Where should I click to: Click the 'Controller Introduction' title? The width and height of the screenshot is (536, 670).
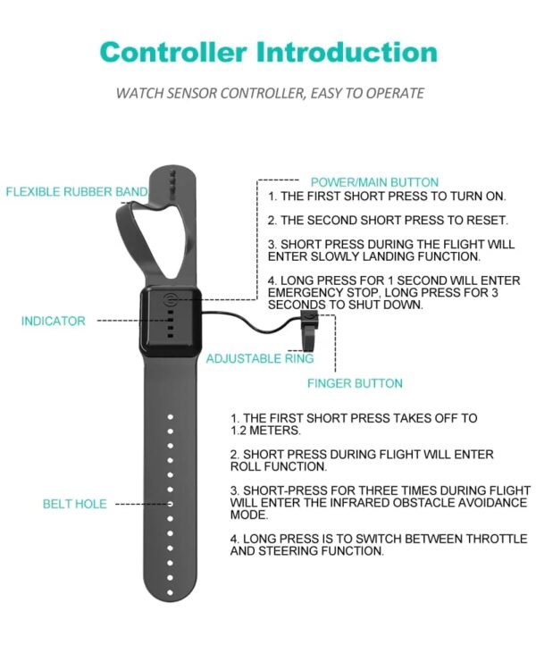(268, 52)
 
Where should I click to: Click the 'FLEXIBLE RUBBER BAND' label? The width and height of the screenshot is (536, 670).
(77, 192)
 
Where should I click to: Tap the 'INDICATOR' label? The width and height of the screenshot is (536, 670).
(54, 321)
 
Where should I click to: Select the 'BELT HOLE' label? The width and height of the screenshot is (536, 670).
(75, 504)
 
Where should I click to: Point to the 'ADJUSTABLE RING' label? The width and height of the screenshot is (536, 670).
(260, 358)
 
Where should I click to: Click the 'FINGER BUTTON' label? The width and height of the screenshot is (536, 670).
(355, 383)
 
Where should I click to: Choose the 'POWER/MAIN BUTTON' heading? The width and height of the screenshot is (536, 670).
(374, 182)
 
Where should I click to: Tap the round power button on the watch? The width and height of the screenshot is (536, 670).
(171, 299)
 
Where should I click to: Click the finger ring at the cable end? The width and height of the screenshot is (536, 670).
(309, 330)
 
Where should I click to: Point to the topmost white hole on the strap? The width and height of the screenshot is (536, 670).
(170, 416)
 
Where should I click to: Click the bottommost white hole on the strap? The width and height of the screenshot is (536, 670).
(170, 592)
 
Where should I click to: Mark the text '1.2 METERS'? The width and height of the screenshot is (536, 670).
(265, 431)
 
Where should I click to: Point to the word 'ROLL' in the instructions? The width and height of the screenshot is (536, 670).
(244, 466)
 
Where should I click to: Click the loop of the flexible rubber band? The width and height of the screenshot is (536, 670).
(132, 239)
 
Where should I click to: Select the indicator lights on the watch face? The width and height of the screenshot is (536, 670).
(171, 324)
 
